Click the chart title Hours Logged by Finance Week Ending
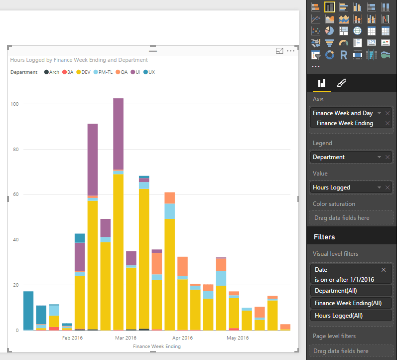(79, 60)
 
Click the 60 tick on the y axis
(15, 194)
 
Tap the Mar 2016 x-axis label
(126, 338)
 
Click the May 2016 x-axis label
(238, 338)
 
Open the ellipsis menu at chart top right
(290, 51)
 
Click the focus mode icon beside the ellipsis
(279, 51)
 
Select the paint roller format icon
(341, 83)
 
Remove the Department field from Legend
(388, 157)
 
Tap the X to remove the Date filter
(384, 270)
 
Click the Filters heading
(324, 237)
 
